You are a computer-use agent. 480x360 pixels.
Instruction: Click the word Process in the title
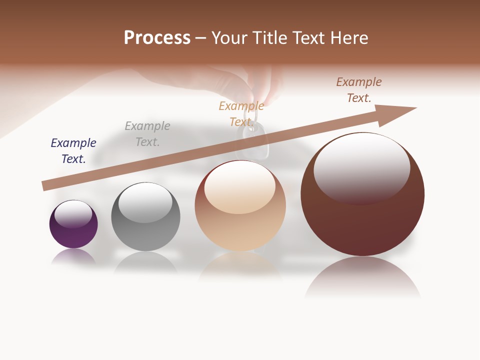[157, 38]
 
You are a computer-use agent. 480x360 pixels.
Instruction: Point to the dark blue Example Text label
[73, 151]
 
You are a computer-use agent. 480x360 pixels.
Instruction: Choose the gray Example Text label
[147, 134]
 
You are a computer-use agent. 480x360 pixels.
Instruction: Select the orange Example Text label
[241, 114]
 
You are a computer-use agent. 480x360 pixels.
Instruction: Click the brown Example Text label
[359, 90]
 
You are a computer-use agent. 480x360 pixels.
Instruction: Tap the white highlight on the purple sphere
[73, 213]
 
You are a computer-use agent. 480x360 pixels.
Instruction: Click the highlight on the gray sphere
[145, 201]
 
